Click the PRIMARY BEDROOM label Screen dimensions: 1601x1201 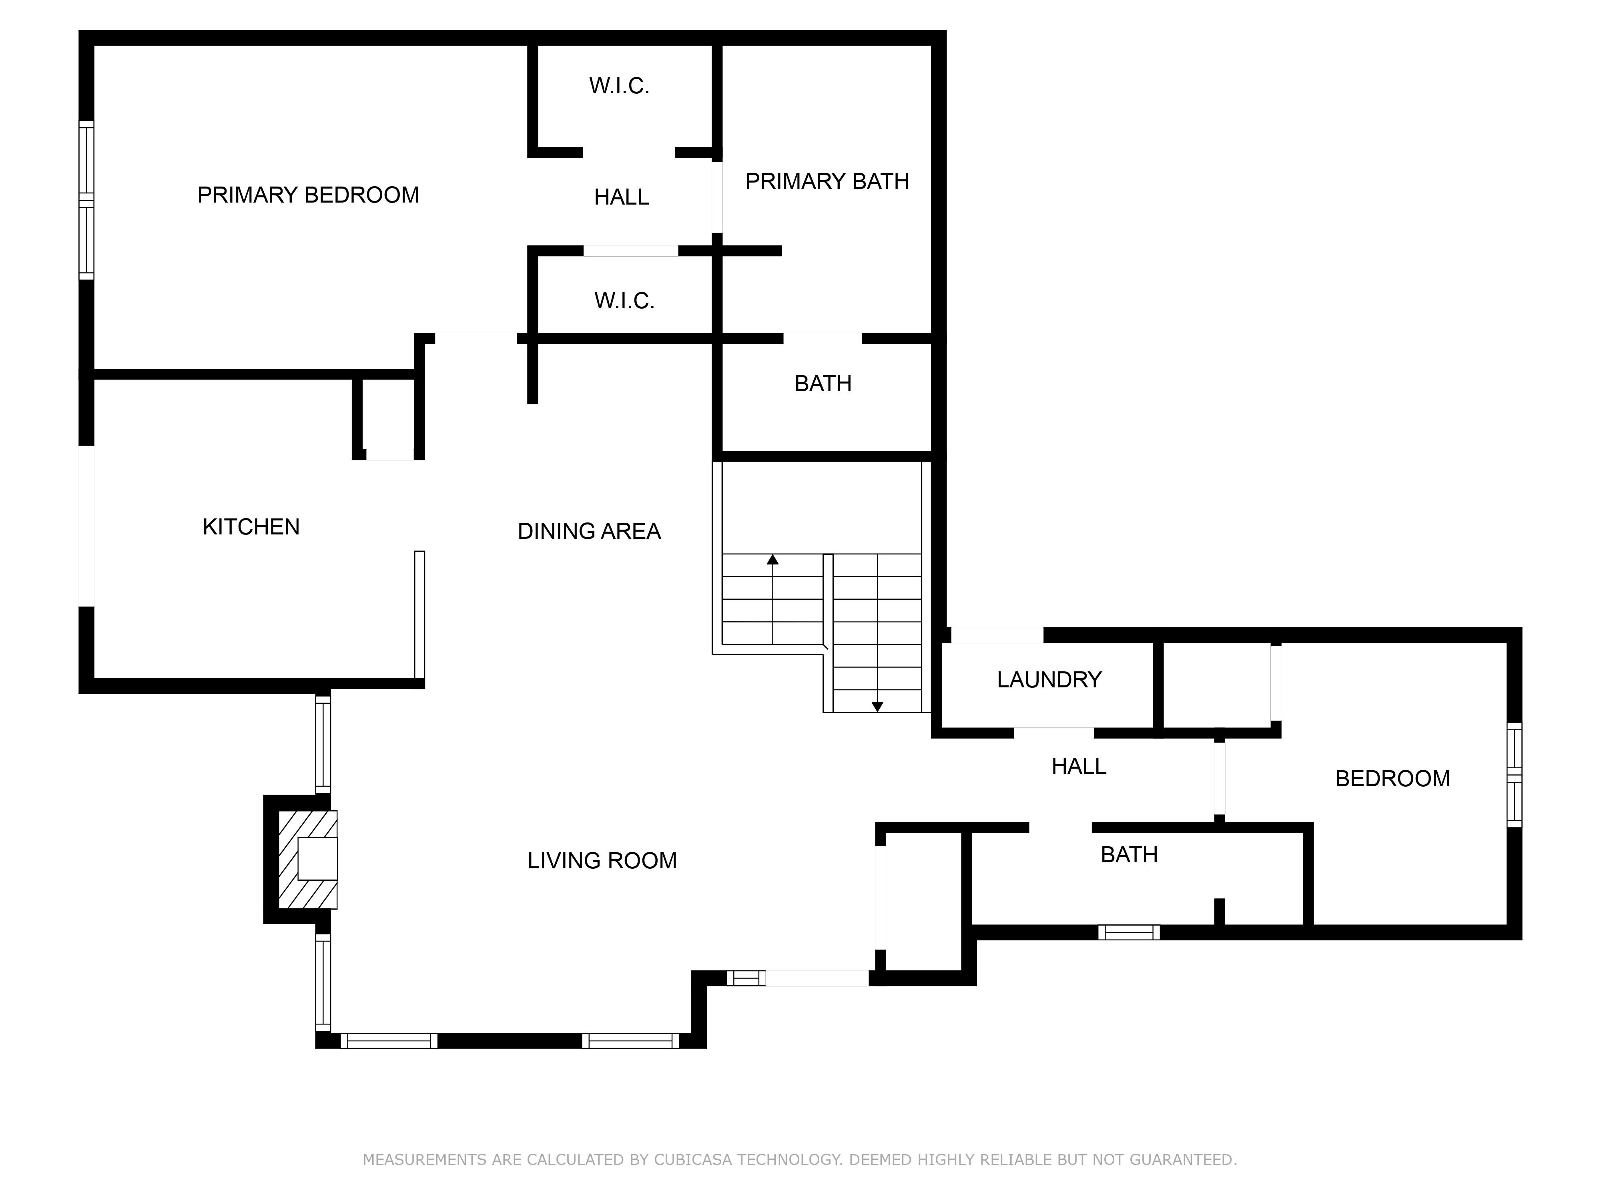[x=308, y=195]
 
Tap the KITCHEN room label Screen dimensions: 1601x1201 [x=251, y=526]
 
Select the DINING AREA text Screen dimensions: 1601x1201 [x=589, y=531]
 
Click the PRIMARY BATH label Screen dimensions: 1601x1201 [x=827, y=181]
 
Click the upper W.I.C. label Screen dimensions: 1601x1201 [x=619, y=86]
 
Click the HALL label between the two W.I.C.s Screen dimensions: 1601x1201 [x=622, y=197]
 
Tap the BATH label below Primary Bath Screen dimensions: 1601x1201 [x=823, y=383]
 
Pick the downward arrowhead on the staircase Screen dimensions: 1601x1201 [x=877, y=707]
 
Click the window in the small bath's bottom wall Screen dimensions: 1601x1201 [x=1129, y=932]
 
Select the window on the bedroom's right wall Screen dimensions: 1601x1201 [x=1514, y=775]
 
